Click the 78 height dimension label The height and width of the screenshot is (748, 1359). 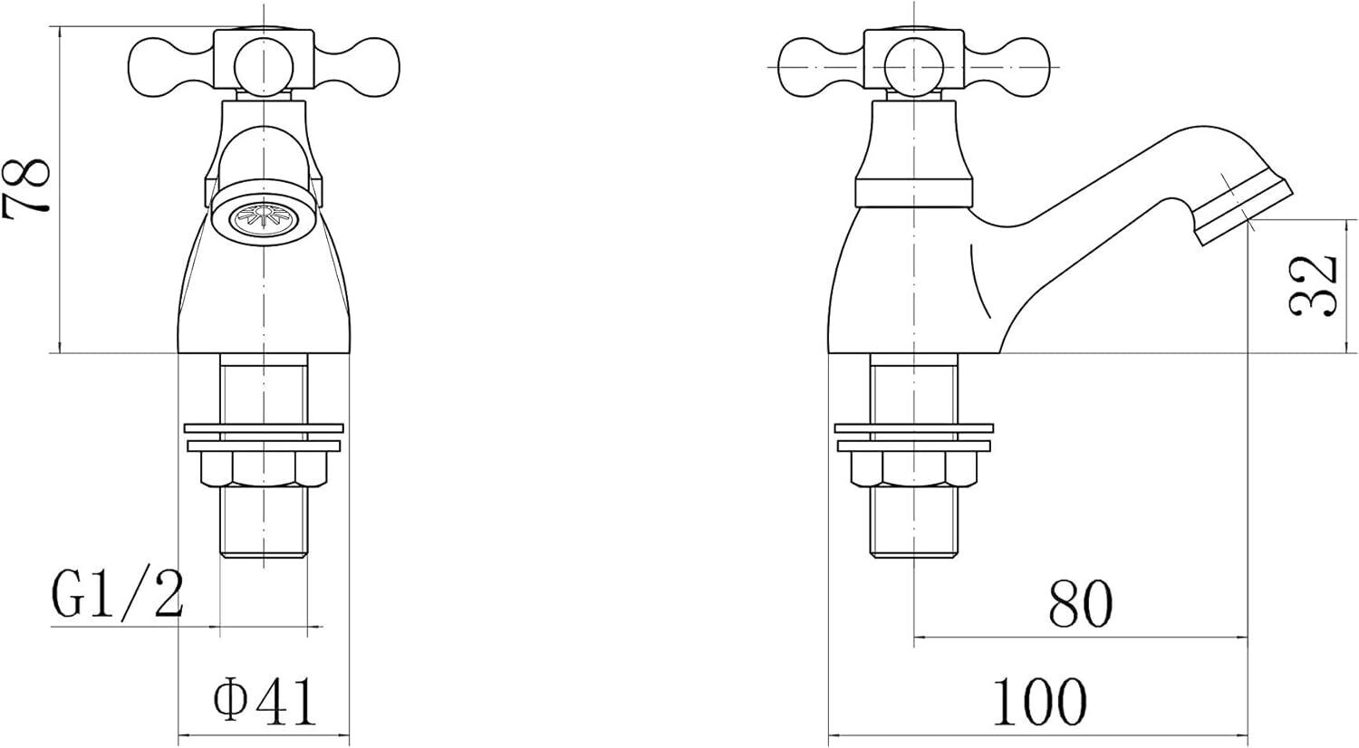coord(25,186)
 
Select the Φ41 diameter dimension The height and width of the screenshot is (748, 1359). coord(265,702)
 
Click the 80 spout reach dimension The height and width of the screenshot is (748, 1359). coord(1081,604)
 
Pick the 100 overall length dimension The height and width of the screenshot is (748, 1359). coord(1039,702)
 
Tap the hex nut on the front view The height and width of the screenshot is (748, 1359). coord(264,470)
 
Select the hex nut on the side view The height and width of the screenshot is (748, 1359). coord(914,470)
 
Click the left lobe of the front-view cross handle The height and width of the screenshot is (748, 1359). coord(171,67)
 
